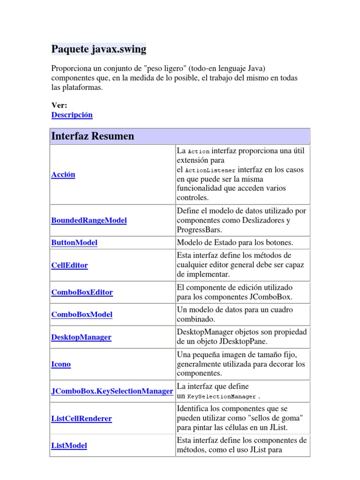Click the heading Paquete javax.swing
click(x=98, y=49)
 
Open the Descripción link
click(x=72, y=115)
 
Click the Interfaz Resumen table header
click(x=92, y=136)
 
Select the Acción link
click(x=63, y=174)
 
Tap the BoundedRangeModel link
click(x=89, y=220)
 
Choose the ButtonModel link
click(x=74, y=242)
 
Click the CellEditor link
click(x=69, y=265)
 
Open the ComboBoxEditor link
click(x=82, y=292)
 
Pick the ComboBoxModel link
click(x=82, y=315)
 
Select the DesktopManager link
click(x=81, y=337)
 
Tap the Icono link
click(x=61, y=364)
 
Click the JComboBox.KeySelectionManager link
click(x=112, y=391)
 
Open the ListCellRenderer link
click(x=81, y=418)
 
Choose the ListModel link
click(x=69, y=445)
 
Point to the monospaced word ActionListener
click(x=210, y=170)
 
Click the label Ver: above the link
click(x=59, y=105)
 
